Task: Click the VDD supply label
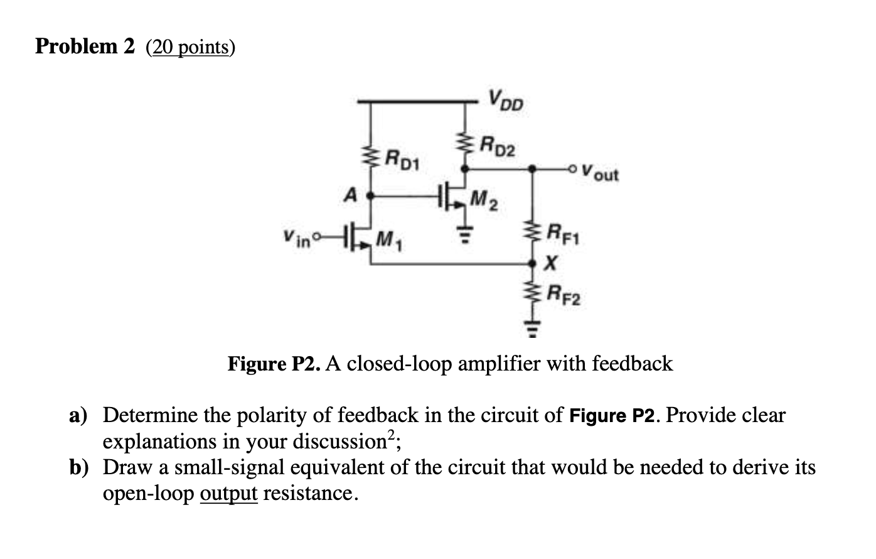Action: pyautogui.click(x=506, y=100)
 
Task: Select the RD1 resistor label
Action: pyautogui.click(x=405, y=158)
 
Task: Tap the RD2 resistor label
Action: pyautogui.click(x=498, y=147)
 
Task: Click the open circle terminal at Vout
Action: pyautogui.click(x=571, y=169)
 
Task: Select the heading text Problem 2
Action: pyautogui.click(x=85, y=46)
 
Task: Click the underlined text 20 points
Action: pyautogui.click(x=190, y=47)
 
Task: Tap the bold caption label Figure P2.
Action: pyautogui.click(x=275, y=364)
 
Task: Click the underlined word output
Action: pyautogui.click(x=228, y=494)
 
